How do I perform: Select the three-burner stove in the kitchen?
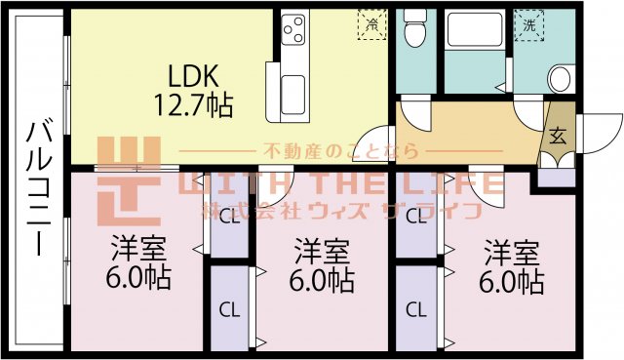pyautogui.click(x=293, y=34)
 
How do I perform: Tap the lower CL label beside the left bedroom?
pyautogui.click(x=228, y=311)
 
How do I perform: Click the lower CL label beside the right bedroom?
pyautogui.click(x=415, y=311)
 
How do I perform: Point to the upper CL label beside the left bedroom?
pyautogui.click(x=228, y=217)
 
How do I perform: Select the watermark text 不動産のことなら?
pyautogui.click(x=340, y=151)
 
